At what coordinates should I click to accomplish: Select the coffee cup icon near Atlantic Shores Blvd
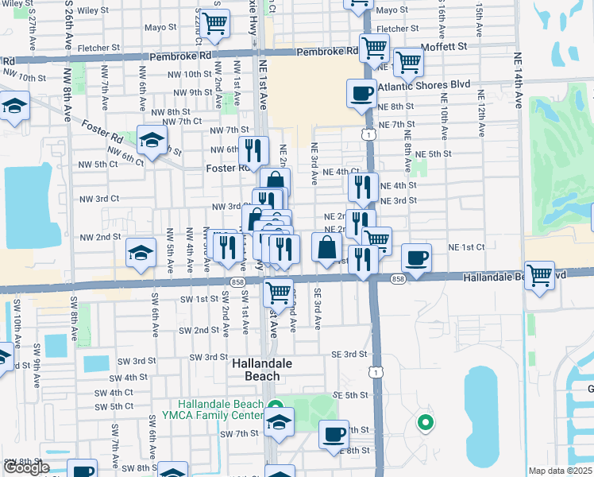pos(361,93)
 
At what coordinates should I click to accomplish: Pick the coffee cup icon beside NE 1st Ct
pos(416,257)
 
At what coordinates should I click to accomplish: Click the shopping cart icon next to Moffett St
pos(408,60)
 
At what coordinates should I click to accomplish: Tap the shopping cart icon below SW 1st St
pos(278,292)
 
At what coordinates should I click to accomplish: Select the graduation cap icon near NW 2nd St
pos(140,253)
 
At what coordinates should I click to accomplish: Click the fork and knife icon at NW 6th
pos(254,149)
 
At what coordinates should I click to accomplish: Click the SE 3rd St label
pos(349,354)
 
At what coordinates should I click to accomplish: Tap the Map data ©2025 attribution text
pos(559,471)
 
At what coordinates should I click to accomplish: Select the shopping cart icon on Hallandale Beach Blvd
pos(539,275)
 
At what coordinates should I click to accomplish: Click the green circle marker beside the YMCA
pos(425,423)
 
